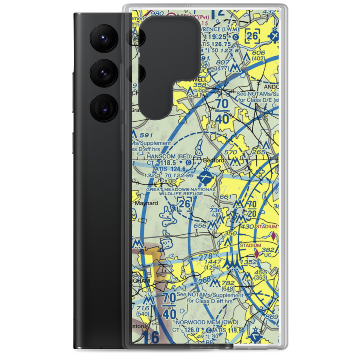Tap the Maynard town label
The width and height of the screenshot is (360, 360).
click(146, 203)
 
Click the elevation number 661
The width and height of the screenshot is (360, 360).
click(225, 197)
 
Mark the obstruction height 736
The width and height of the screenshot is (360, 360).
click(215, 210)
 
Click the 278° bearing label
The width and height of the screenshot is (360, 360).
click(206, 257)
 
